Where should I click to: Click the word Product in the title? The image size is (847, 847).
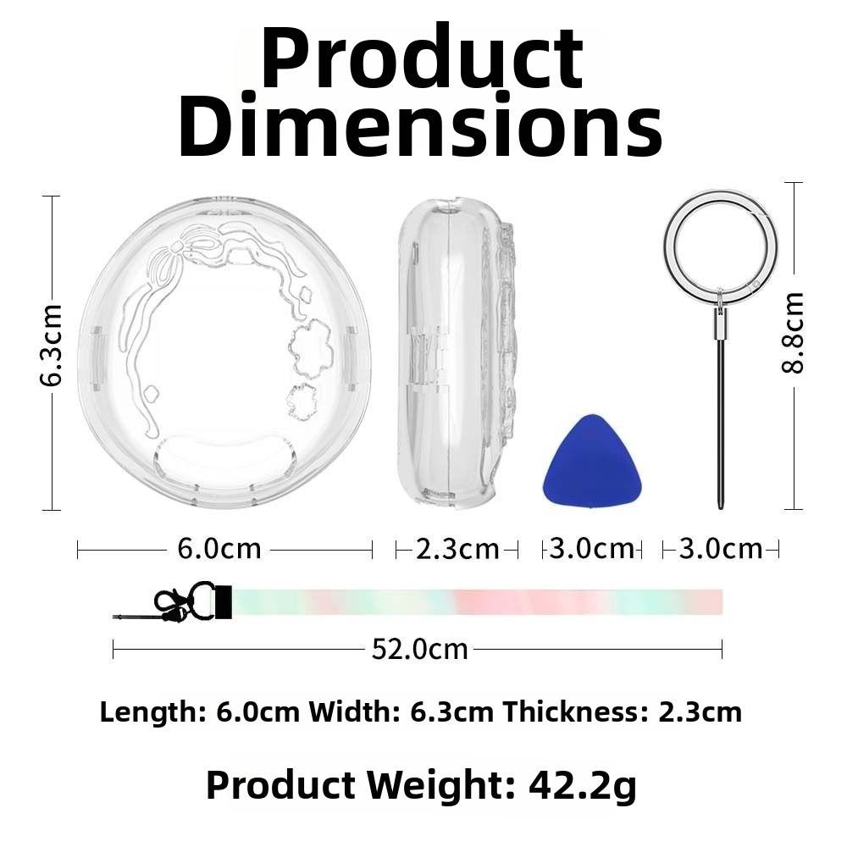coord(422,57)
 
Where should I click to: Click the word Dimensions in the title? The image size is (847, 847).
coord(420,125)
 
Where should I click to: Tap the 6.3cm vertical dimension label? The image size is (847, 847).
coord(52,346)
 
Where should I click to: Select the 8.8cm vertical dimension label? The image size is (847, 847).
coord(793,333)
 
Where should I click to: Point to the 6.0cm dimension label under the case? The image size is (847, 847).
coord(219,550)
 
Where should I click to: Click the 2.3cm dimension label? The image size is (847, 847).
coord(457,550)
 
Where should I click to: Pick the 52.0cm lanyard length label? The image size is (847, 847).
coord(420,650)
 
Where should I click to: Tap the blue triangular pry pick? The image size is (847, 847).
coord(592,460)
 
